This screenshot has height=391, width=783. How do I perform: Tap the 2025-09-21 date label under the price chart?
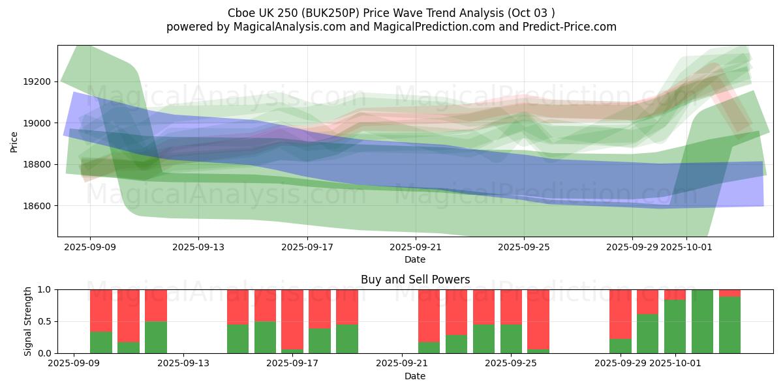pyautogui.click(x=415, y=247)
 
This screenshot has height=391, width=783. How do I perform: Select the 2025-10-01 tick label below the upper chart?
pyautogui.click(x=686, y=247)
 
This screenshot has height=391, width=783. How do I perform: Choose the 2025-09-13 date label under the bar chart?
pyautogui.click(x=183, y=364)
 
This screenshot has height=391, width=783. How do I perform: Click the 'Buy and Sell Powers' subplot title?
pyautogui.click(x=415, y=280)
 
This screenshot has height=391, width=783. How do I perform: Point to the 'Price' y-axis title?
pyautogui.click(x=15, y=141)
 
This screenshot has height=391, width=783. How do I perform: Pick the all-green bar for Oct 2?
pyautogui.click(x=702, y=321)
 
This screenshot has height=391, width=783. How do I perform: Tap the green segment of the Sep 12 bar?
pyautogui.click(x=156, y=337)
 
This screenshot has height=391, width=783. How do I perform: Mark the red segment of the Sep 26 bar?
pyautogui.click(x=538, y=319)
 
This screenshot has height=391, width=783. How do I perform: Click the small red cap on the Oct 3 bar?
pyautogui.click(x=729, y=293)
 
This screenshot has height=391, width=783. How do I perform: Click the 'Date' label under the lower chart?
pyautogui.click(x=415, y=376)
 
